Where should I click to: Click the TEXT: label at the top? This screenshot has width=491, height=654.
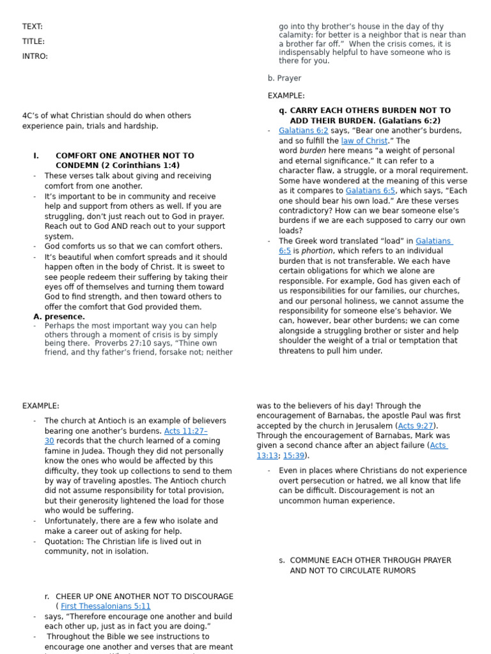[x=33, y=26]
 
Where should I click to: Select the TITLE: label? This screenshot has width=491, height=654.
[x=33, y=42]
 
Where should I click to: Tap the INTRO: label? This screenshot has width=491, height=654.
[x=35, y=56]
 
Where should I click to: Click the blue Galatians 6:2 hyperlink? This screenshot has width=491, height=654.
[x=303, y=130]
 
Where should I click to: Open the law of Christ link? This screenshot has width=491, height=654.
[x=364, y=141]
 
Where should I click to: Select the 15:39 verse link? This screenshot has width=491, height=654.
[x=294, y=455]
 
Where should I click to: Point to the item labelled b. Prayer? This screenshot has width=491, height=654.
[x=284, y=78]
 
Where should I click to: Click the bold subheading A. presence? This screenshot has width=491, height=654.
[x=59, y=316]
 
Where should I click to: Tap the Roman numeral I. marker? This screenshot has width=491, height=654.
[x=36, y=155]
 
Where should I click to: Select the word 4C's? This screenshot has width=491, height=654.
[x=31, y=116]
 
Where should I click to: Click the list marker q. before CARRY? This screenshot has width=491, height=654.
[x=282, y=110]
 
